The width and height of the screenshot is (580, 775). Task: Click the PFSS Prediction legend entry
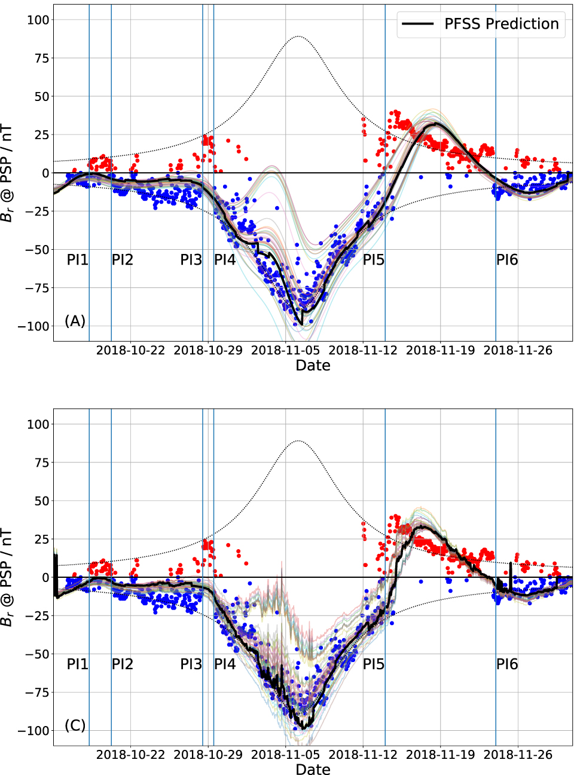coord(481,24)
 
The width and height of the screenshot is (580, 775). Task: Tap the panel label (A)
coord(75,321)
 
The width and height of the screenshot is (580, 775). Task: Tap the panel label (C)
coord(75,725)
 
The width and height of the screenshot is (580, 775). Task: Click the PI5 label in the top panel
coord(374,260)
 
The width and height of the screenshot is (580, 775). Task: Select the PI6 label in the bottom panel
coord(507,664)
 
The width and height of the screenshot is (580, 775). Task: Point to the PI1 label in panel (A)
coord(77,260)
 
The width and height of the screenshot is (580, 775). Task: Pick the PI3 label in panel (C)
coord(191,664)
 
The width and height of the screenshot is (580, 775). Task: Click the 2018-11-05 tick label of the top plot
coord(285,350)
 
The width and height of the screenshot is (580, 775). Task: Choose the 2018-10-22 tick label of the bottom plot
coord(130,755)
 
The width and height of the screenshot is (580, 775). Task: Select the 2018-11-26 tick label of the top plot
coord(518,350)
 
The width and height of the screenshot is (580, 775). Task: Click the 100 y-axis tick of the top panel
coord(38,20)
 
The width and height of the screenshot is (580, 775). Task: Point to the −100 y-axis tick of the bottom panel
coord(33,731)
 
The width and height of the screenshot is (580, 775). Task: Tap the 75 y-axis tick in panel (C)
coord(41,462)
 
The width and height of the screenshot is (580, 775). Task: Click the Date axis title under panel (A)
coord(313,366)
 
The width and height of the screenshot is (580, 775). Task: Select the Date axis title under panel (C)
coord(313,770)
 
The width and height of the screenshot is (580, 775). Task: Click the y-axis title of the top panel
coord(7,173)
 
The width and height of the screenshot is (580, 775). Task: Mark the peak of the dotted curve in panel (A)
coord(298,36)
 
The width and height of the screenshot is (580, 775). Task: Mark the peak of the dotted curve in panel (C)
coord(298,441)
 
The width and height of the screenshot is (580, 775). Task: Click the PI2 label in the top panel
coord(122,260)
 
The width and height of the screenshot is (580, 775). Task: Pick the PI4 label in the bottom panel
coord(225,664)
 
